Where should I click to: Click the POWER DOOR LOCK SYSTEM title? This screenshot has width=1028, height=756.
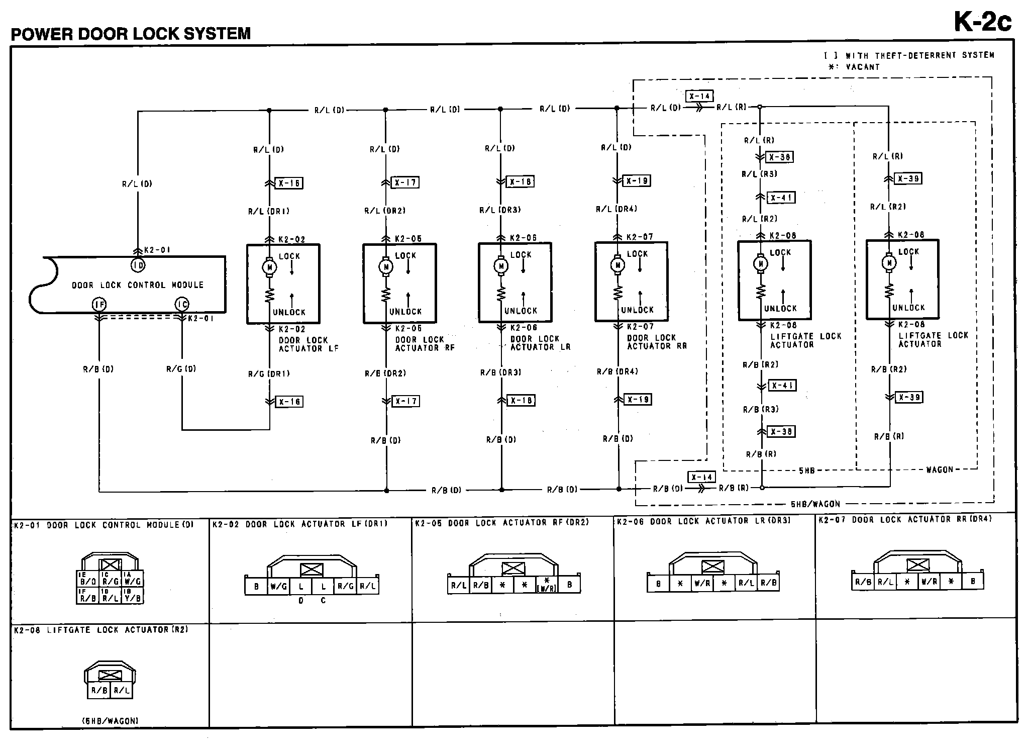click(131, 34)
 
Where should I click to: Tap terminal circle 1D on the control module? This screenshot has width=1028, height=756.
click(138, 265)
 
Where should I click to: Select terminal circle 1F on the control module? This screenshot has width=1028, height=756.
click(99, 304)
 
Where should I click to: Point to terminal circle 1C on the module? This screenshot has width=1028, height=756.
click(182, 304)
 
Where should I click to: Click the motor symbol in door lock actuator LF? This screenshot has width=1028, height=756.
click(269, 267)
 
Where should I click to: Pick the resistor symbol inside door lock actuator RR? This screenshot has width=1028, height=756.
click(618, 292)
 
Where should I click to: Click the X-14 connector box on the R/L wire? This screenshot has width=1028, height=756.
click(699, 96)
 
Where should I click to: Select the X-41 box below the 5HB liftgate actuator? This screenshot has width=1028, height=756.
click(782, 386)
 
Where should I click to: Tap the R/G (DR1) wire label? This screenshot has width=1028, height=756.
click(269, 373)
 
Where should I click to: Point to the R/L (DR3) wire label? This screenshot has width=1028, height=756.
click(500, 210)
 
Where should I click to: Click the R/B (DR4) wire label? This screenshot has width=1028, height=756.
click(617, 371)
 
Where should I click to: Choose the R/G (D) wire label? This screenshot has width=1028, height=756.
click(181, 369)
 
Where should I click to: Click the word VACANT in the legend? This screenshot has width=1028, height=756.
click(863, 67)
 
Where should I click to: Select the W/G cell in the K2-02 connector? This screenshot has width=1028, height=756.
click(278, 586)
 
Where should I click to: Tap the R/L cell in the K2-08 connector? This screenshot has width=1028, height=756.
click(122, 690)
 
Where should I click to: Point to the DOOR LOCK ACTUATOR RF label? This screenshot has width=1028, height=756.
click(425, 344)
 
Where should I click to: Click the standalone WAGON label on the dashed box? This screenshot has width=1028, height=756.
click(939, 469)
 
